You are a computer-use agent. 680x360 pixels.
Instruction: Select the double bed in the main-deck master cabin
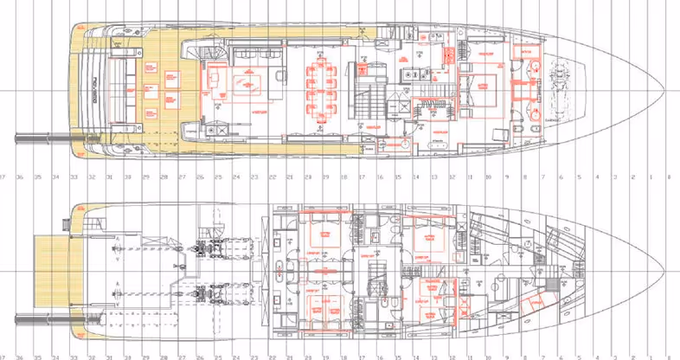pyautogui.click(x=482, y=86)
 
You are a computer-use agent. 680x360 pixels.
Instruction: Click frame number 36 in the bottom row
pyautogui.click(x=20, y=357)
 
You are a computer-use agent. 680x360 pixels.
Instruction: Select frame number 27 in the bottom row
pyautogui.click(x=182, y=357)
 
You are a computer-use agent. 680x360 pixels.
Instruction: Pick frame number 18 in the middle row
pyautogui.click(x=343, y=178)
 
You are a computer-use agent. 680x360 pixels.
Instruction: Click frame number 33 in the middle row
pyautogui.click(x=74, y=178)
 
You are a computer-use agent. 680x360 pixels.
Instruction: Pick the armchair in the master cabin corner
pyautogui.click(x=500, y=133)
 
